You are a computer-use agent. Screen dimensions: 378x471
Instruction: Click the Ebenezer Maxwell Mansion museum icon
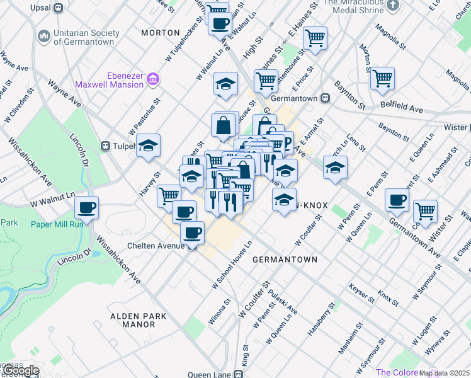pyautogui.click(x=153, y=79)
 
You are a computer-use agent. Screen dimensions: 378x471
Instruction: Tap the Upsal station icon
pyautogui.click(x=59, y=8)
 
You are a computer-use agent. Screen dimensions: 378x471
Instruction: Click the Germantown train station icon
pyautogui.click(x=326, y=98)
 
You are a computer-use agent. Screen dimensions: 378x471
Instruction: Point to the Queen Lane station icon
pyautogui.click(x=239, y=374)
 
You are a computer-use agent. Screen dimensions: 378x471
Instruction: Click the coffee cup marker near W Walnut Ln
pyautogui.click(x=87, y=207)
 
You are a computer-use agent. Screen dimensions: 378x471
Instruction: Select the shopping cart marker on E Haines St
pyautogui.click(x=315, y=37)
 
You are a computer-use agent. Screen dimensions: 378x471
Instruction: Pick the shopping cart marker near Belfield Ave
pyautogui.click(x=382, y=78)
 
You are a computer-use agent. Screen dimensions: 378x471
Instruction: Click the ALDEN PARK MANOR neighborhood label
pyautogui.click(x=132, y=320)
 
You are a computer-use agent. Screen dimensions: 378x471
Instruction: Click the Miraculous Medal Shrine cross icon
pyautogui.click(x=393, y=6)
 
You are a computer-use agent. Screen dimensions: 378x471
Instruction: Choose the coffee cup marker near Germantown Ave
pyautogui.click(x=397, y=199)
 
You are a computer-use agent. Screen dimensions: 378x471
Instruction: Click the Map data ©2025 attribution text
pyautogui.click(x=445, y=373)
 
